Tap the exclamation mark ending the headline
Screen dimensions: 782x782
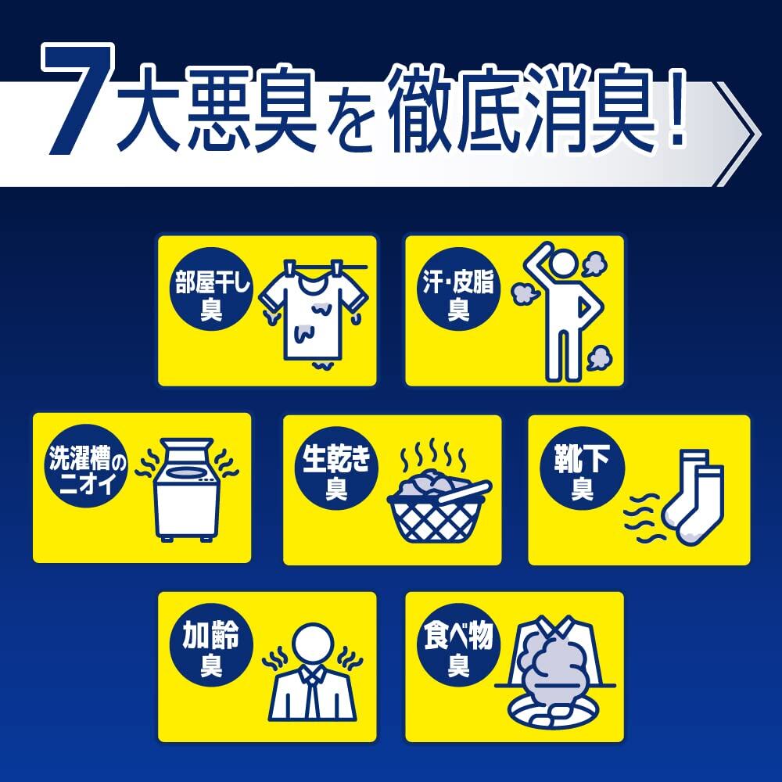tap(676, 109)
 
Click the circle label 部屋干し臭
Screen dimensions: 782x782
tap(211, 289)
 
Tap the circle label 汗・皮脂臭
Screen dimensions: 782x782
tap(458, 289)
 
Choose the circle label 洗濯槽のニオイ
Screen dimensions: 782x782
tap(86, 466)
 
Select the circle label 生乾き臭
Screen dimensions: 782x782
tap(336, 468)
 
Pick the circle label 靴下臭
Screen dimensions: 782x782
tap(582, 468)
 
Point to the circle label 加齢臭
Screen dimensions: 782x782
tap(211, 644)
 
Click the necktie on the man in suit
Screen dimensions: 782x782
tap(313, 693)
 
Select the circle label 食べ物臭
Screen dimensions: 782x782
tap(458, 644)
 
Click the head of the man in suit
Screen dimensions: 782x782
tap(313, 644)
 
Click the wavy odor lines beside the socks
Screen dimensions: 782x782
tap(644, 518)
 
